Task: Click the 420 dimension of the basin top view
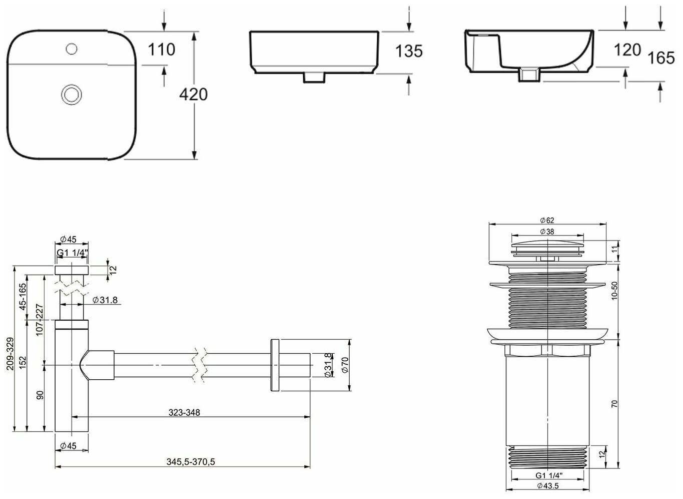[x=193, y=94]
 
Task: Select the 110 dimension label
[x=162, y=50]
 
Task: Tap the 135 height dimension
[x=409, y=51]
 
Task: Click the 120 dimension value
[x=627, y=50]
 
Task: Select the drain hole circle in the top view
[x=70, y=94]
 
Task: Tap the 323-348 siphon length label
[x=184, y=412]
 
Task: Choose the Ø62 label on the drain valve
[x=546, y=220]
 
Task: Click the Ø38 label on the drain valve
[x=546, y=231]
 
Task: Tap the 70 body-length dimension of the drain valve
[x=614, y=404]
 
